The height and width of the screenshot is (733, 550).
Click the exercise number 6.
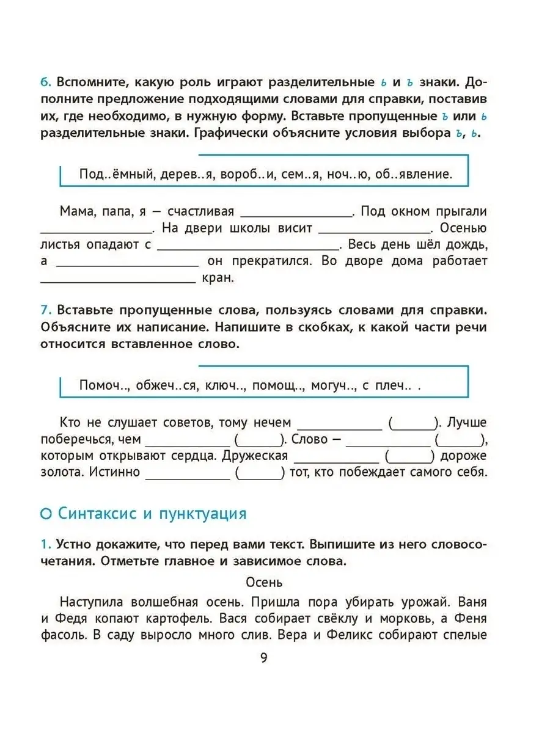(x=45, y=82)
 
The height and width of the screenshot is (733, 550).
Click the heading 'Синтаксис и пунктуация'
(x=152, y=514)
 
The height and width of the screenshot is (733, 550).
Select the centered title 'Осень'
(x=264, y=582)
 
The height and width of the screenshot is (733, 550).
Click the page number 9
(x=263, y=658)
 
